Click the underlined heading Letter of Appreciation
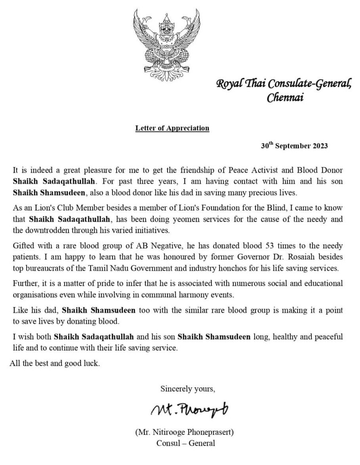coord(172,128)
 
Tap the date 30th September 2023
coord(294,145)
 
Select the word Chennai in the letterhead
coord(285,97)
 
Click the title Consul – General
coord(186,443)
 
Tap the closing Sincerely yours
coord(188,389)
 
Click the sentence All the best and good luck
coord(55,363)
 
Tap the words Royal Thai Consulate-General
coord(284,84)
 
